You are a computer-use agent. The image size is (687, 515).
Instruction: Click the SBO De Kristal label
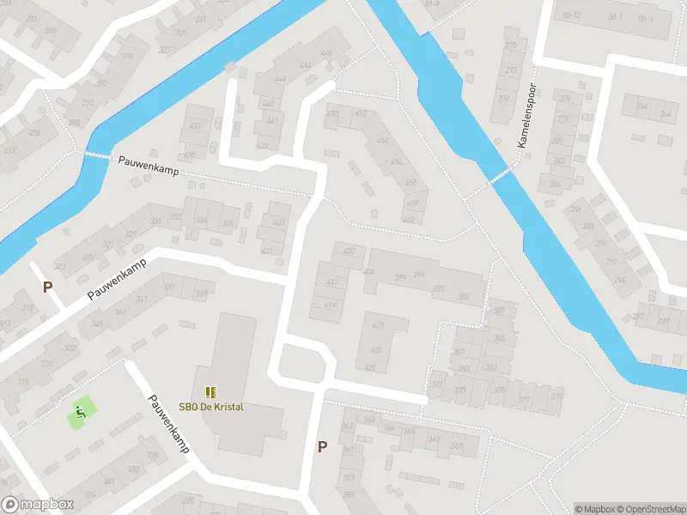[x=210, y=406]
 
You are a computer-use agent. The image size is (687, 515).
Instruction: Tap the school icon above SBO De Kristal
[x=210, y=392]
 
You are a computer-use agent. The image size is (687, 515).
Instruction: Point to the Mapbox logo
[x=38, y=505]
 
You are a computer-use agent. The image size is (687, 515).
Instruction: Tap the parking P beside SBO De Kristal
[x=322, y=446]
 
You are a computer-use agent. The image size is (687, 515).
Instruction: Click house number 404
[x=369, y=271]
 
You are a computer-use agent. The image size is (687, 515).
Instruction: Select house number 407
[x=349, y=251]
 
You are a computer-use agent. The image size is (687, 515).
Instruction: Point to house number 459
[x=413, y=203]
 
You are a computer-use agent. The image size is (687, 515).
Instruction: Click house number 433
[x=278, y=221]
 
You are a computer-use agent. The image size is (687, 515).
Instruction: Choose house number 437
[x=195, y=126]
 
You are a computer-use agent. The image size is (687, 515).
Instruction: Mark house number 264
[x=666, y=113]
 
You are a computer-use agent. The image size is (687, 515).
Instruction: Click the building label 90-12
[x=571, y=15]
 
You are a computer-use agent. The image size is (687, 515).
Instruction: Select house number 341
[x=142, y=299]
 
